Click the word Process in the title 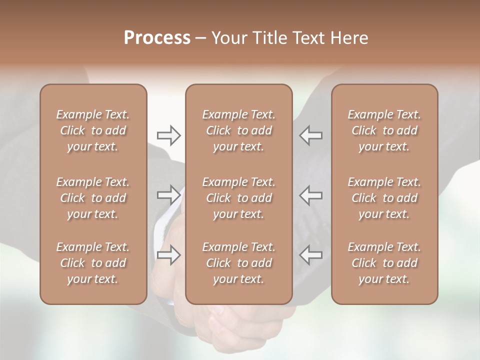click(157, 38)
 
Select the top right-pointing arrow click(168, 135)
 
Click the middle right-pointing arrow click(168, 195)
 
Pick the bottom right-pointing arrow click(168, 255)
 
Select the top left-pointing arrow click(311, 135)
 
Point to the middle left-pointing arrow click(311, 195)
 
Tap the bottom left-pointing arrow click(311, 255)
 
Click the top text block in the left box click(93, 130)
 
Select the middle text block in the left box click(93, 198)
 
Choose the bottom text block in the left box click(93, 263)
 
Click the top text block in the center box click(238, 130)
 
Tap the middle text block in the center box click(238, 198)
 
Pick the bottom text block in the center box click(238, 263)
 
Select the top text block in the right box click(384, 130)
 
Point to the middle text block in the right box click(384, 198)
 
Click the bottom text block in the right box click(384, 263)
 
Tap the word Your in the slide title click(227, 38)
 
